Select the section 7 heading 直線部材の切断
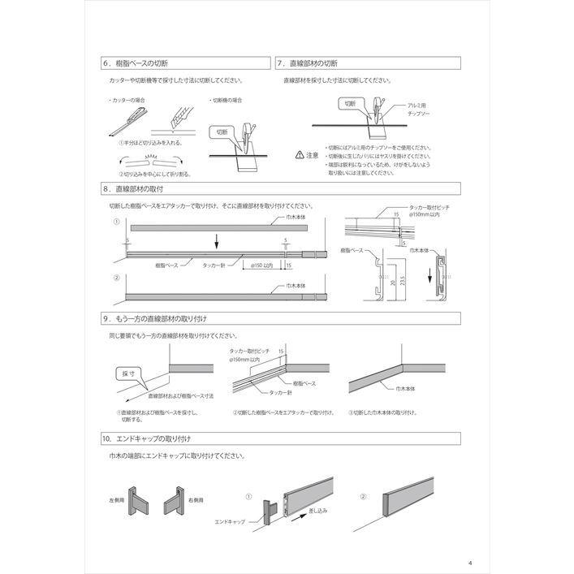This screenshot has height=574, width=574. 308,63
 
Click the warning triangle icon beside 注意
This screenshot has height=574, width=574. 300,154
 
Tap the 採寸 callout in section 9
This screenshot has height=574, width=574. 127,373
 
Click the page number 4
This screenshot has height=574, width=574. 470,541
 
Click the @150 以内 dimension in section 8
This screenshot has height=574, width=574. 263,265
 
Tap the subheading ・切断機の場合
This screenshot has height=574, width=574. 227,100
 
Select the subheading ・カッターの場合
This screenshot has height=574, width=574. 127,100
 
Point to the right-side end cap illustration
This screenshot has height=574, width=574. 173,497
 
